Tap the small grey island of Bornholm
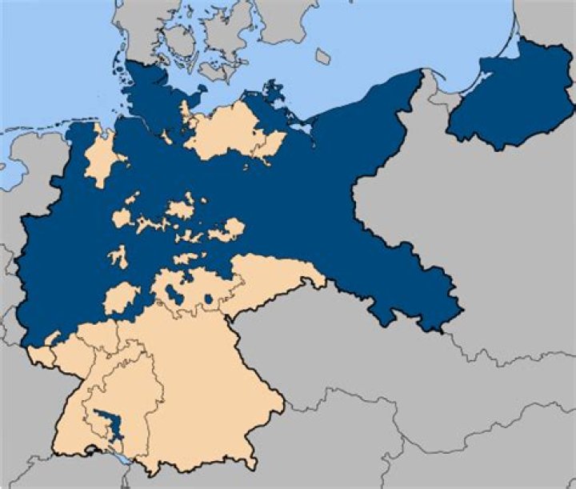[322, 57]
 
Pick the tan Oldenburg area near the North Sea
[100, 156]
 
